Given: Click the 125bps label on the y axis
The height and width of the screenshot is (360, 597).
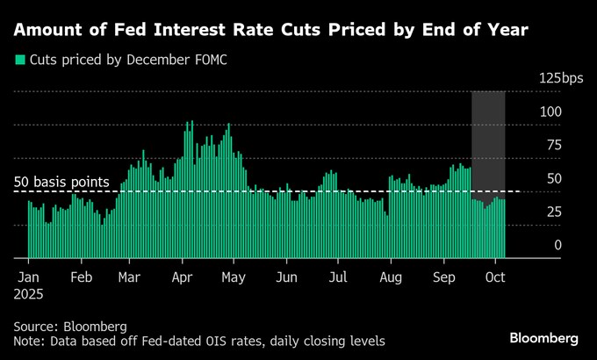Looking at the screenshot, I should [561, 78].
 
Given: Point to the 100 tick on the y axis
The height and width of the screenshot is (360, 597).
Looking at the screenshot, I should [551, 112].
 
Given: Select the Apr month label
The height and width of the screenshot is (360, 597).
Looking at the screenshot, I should [182, 277].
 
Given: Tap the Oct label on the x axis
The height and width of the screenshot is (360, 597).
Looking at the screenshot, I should [495, 277].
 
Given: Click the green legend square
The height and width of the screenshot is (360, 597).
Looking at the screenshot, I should [19, 61].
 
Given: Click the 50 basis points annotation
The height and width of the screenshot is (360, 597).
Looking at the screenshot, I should [61, 182].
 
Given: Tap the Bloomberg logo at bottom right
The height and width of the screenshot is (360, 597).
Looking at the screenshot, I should [543, 338].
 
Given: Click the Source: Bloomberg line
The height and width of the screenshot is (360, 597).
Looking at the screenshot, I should [70, 325].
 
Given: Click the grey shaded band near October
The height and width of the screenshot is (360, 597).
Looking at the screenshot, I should [488, 140].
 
